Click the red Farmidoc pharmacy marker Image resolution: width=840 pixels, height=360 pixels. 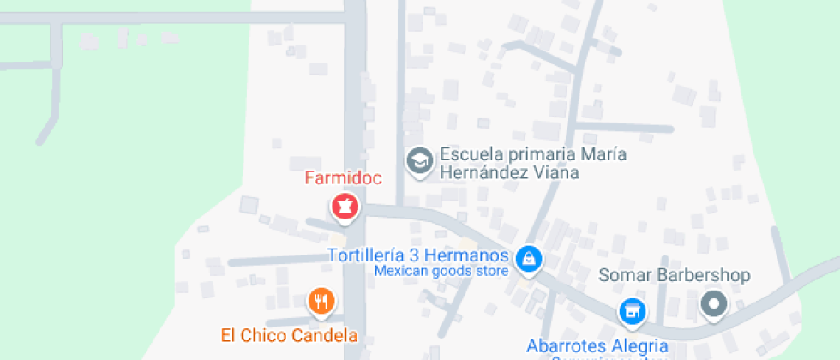pos(345,207)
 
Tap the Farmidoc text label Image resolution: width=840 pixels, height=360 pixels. pos(343,179)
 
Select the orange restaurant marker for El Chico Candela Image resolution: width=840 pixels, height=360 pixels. pos(321,301)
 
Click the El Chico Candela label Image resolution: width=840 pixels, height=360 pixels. pos(289,334)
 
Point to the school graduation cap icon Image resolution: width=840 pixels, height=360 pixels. pos(419,160)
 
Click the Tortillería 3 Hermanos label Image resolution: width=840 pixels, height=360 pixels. pos(419,255)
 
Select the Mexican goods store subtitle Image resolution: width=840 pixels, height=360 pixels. pos(441,271)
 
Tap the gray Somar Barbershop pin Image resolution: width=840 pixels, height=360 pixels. pos(713,303)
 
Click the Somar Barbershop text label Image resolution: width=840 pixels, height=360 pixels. pos(674,275)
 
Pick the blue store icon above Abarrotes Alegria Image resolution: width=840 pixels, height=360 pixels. pos(632,311)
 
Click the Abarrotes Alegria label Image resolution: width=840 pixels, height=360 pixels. pos(597,346)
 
